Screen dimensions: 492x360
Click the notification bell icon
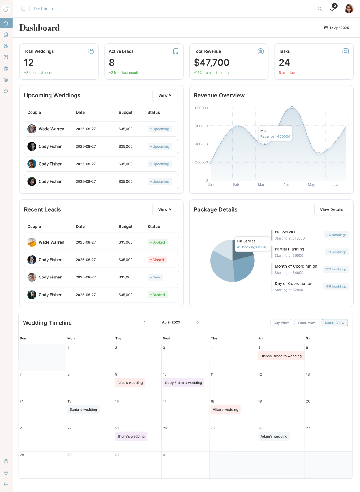tap(332, 9)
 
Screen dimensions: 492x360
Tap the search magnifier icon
tap(319, 9)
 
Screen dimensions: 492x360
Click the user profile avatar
tap(349, 9)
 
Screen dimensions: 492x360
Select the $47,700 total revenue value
tap(212, 63)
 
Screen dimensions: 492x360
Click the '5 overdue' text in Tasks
tap(286, 73)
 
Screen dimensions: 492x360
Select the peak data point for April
tap(292, 108)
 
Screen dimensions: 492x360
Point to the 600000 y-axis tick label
tap(201, 126)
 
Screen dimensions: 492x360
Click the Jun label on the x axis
tap(336, 185)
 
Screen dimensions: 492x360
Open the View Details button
tap(331, 209)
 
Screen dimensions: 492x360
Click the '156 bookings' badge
tap(336, 287)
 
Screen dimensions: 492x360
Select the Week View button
tap(306, 323)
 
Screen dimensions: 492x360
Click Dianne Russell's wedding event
tap(281, 356)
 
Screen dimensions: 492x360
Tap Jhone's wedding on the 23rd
tap(131, 436)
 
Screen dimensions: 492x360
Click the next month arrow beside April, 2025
tap(198, 322)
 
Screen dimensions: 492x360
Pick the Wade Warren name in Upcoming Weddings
tap(51, 129)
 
